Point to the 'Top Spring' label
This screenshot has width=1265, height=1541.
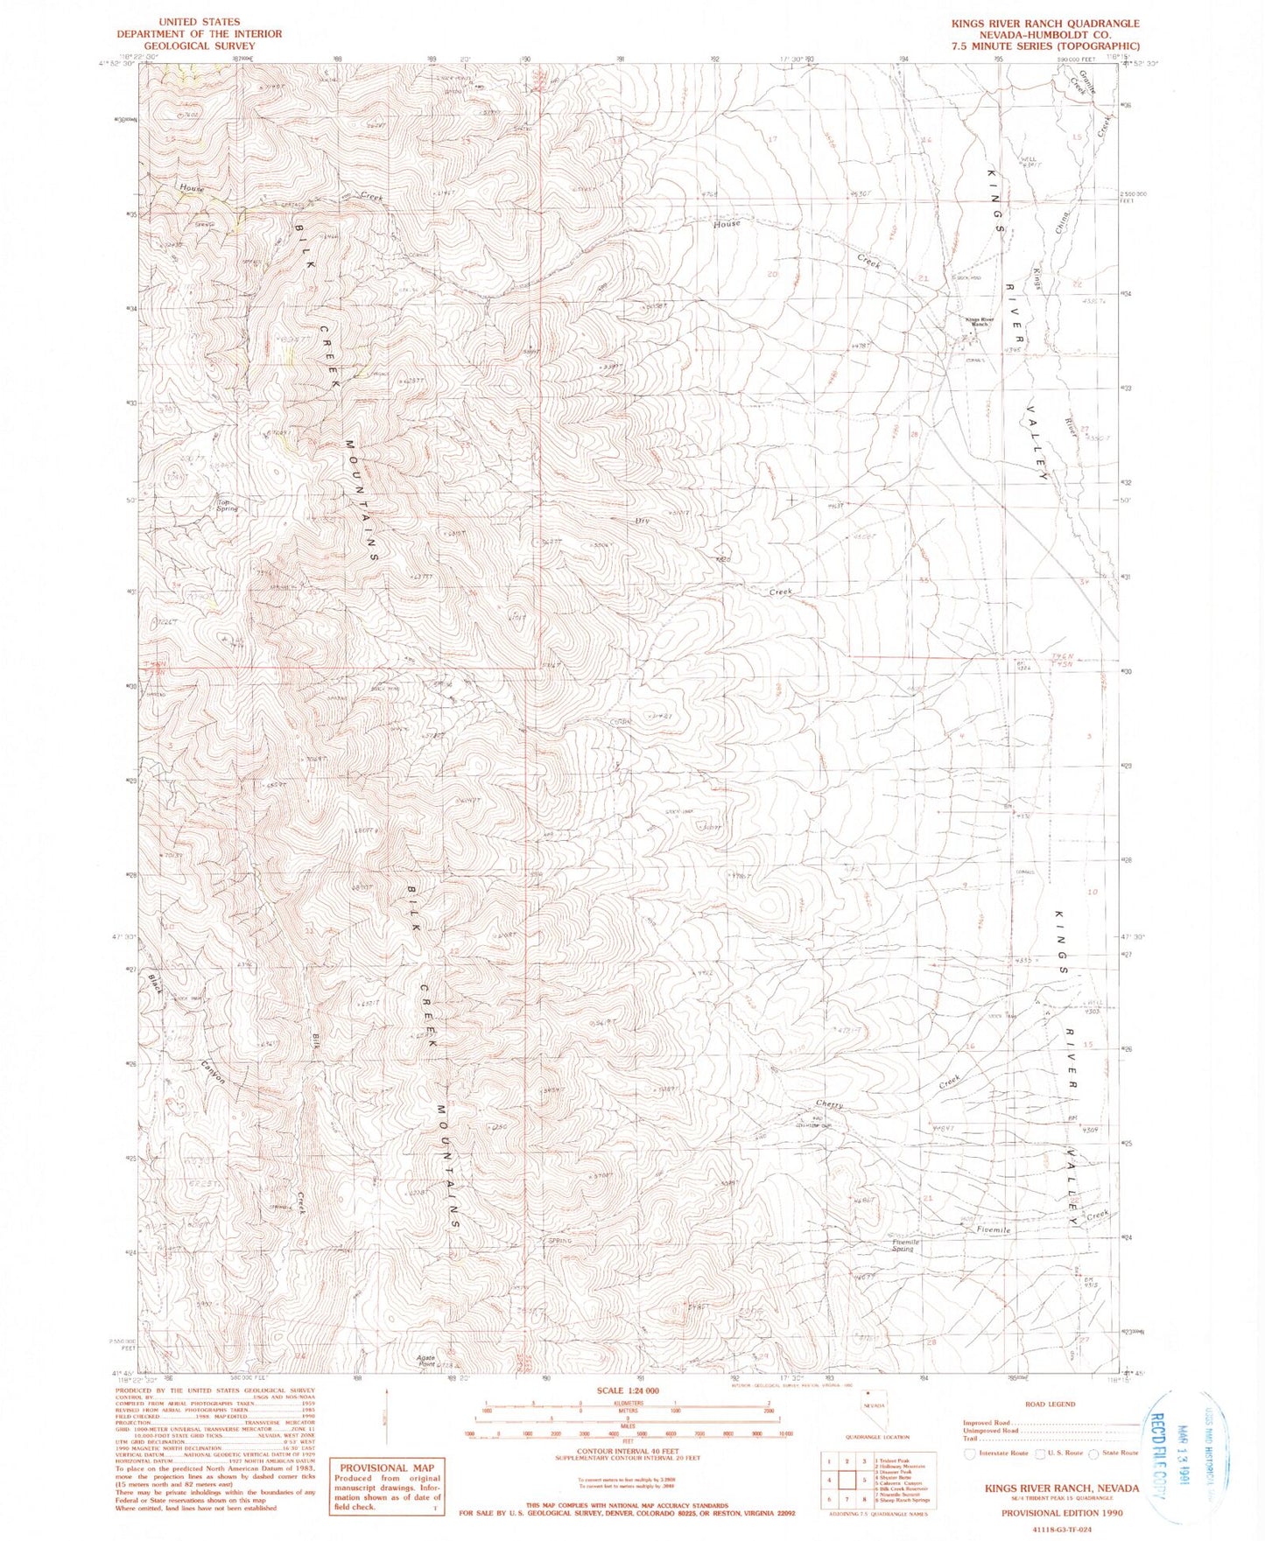[x=227, y=505]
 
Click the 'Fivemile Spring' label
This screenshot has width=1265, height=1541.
[x=901, y=1245]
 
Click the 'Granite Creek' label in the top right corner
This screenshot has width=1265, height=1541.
[x=1086, y=85]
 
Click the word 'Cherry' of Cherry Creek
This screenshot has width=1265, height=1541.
[x=828, y=1105]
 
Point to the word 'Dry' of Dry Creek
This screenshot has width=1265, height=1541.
[x=643, y=521]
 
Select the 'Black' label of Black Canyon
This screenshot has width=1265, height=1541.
[x=155, y=984]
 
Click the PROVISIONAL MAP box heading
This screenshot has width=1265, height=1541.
[x=386, y=1467]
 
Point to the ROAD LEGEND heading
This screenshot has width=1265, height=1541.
[x=1050, y=1404]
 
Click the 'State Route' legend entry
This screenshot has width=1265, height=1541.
[x=1120, y=1453]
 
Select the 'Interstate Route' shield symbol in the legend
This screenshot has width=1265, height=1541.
[x=969, y=1453]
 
